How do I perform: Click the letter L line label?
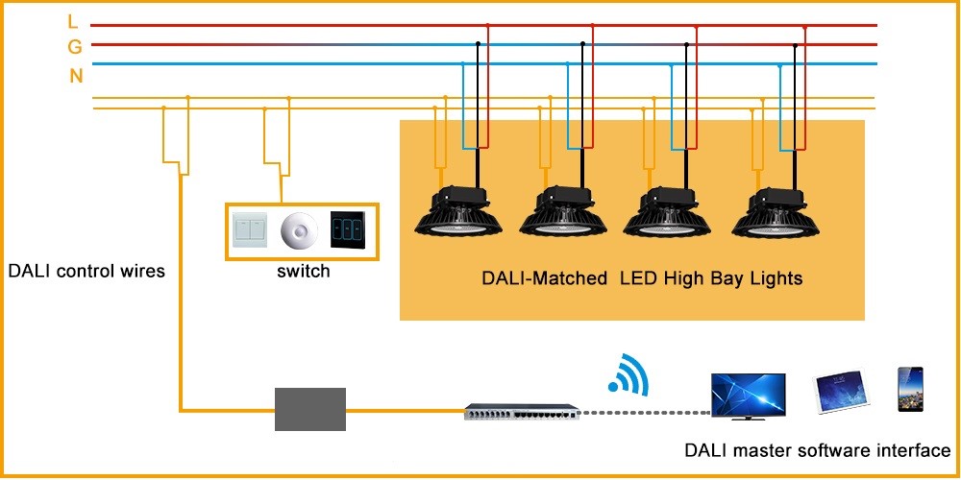coord(74,21)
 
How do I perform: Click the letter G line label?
coord(74,46)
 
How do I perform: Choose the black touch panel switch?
coord(348,230)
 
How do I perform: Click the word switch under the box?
coord(303,272)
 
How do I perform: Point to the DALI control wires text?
coord(86,272)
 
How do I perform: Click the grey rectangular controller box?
coord(310,409)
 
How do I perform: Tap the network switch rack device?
coord(519,412)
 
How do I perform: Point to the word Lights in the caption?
coord(774,279)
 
